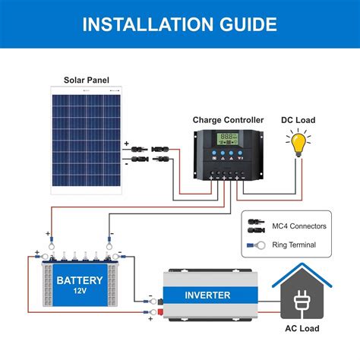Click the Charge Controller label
click(228, 120)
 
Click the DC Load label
click(299, 120)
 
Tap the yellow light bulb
click(298, 144)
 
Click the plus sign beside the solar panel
click(126, 143)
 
